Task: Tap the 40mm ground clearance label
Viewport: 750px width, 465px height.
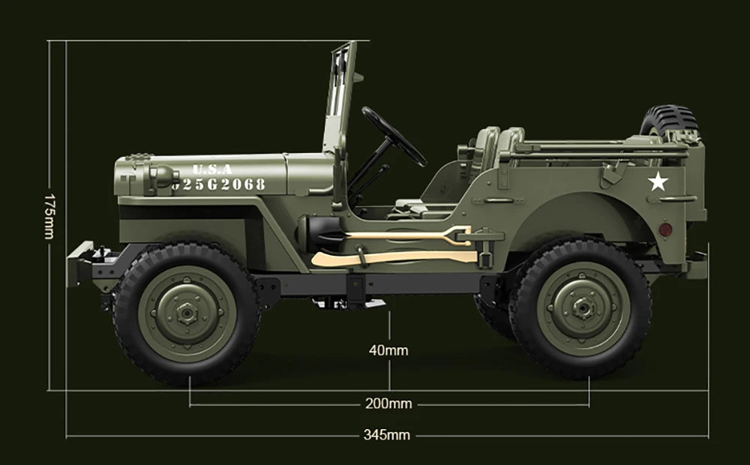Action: click(388, 350)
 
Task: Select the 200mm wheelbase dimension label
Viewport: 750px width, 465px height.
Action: click(388, 404)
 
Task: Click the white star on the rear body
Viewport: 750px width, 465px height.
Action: click(658, 181)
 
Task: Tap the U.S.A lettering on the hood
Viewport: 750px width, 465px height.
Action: click(212, 169)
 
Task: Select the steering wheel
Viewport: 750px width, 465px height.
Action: click(393, 135)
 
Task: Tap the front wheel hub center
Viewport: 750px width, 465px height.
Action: click(186, 310)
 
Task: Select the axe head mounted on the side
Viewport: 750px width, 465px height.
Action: click(324, 259)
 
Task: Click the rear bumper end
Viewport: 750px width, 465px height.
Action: click(696, 264)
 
